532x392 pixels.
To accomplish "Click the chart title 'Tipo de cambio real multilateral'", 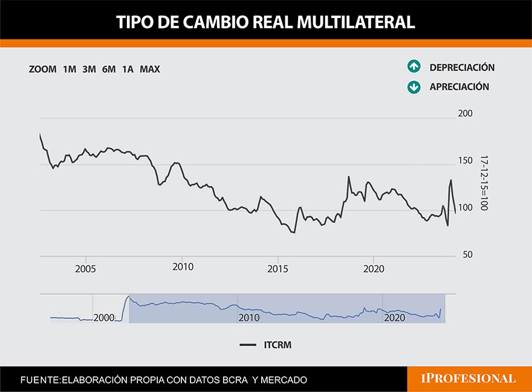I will [x=265, y=22].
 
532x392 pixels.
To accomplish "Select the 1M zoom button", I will [x=70, y=69].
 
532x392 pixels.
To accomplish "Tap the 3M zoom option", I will [x=89, y=69].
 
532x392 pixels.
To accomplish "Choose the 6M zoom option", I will [x=109, y=69].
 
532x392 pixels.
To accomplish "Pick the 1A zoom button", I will [x=128, y=69].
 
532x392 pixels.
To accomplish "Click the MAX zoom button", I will [x=150, y=69].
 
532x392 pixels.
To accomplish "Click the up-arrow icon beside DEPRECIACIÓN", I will [x=414, y=67].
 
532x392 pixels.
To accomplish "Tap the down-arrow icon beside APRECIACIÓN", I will [x=414, y=87].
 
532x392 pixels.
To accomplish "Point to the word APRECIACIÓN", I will [x=459, y=87].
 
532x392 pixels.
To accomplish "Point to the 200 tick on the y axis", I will [x=464, y=114].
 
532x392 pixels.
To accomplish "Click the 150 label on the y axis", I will [x=464, y=161].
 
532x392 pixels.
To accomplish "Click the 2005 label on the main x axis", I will [x=86, y=267].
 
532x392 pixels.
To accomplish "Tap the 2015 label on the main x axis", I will [x=277, y=267].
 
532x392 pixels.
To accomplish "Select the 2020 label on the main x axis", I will [x=374, y=267].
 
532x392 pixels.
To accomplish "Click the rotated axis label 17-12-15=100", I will [x=484, y=183].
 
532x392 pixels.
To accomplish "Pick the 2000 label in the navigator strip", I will [x=104, y=317].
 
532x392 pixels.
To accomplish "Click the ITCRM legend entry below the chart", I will [x=265, y=344].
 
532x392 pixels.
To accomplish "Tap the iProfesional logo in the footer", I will [x=468, y=379].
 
